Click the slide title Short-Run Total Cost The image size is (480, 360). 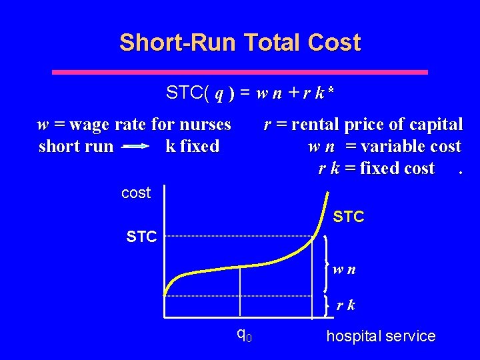coord(240,43)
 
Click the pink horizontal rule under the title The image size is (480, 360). coord(240,71)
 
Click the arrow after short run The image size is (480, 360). coord(136,147)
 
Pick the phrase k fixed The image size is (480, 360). coord(192,147)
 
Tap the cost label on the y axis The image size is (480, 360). coord(136,193)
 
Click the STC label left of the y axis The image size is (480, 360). coord(141,236)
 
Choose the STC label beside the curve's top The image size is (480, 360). coord(348,217)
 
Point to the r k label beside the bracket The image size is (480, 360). coord(345,306)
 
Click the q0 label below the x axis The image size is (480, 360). coord(244,333)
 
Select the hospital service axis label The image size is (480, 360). coord(381,337)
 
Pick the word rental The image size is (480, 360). coord(317,125)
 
